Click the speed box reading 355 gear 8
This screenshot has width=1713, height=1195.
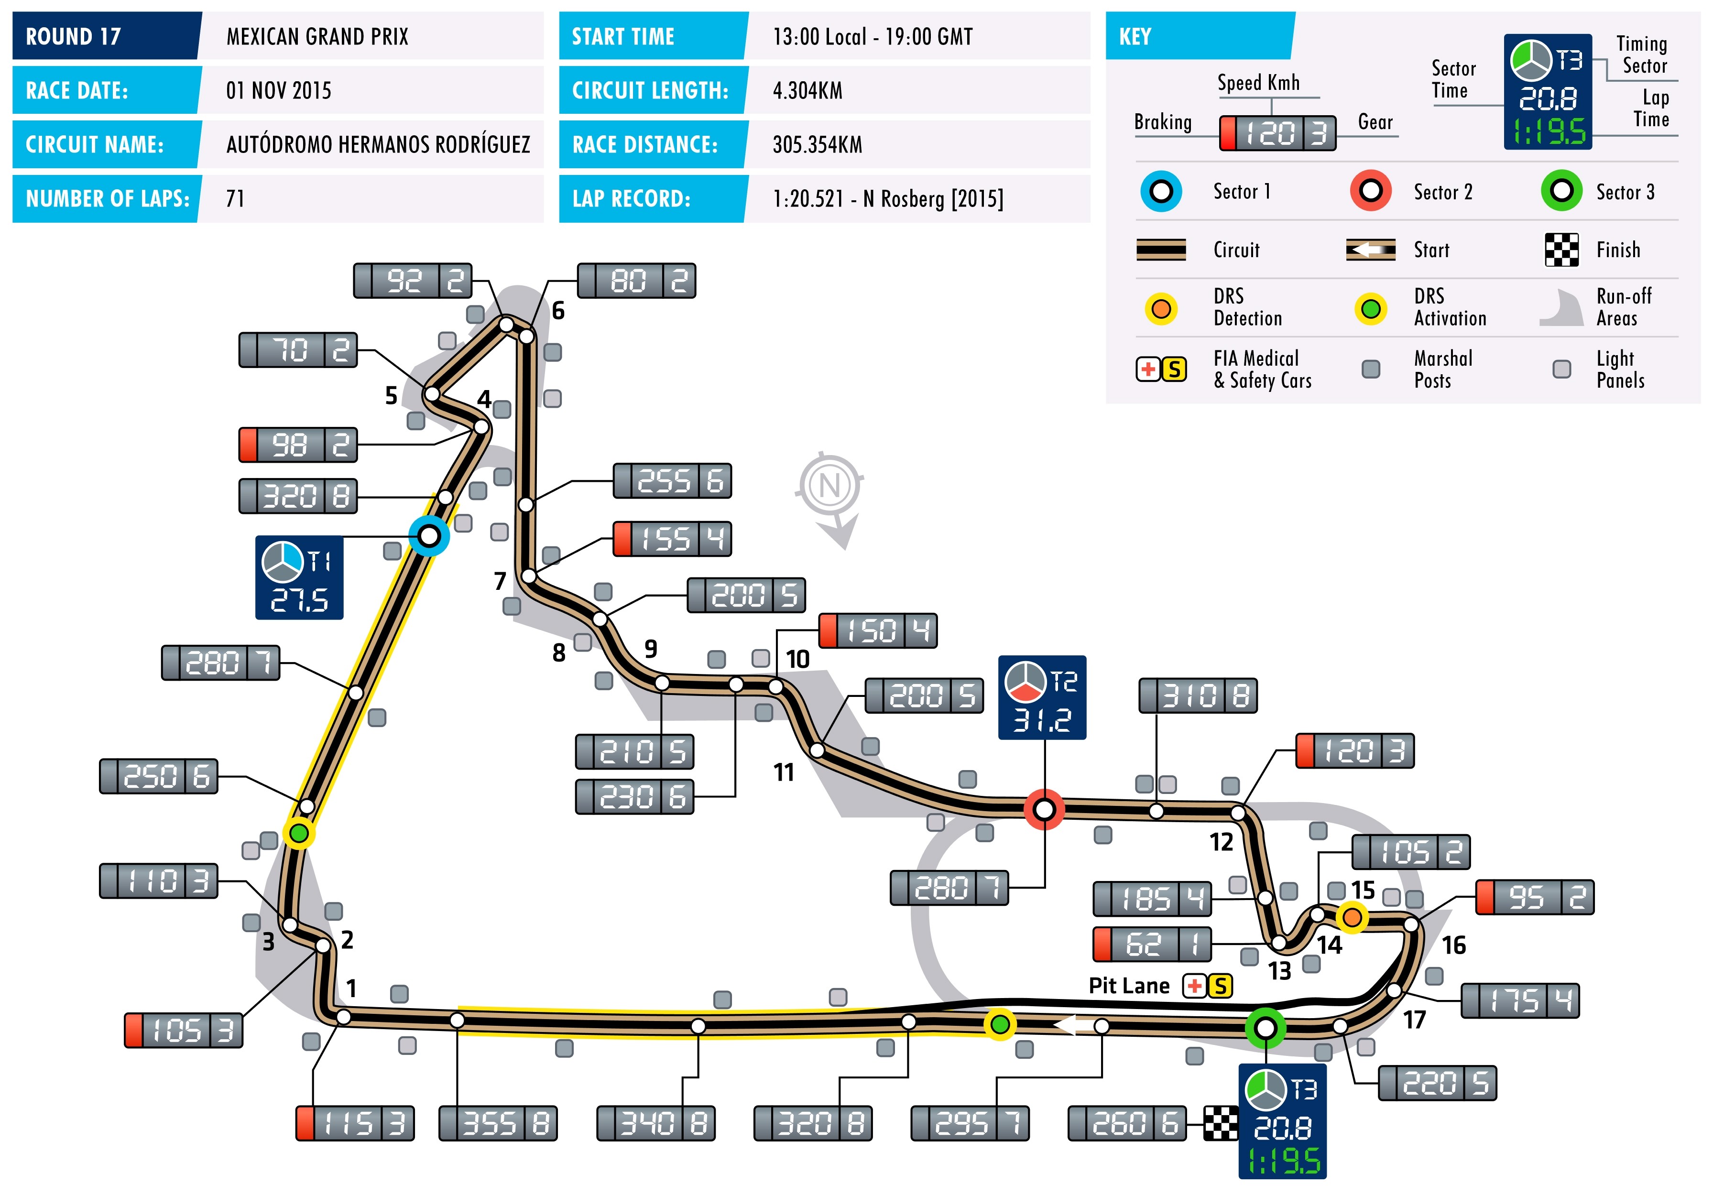point(498,1123)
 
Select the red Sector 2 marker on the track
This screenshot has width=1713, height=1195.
point(1044,809)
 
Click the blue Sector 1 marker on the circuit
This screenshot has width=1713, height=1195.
point(429,535)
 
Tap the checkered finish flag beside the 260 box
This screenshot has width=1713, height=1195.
point(1221,1123)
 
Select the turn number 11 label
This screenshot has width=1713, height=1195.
point(784,772)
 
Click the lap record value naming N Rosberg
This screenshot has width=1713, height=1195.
point(888,198)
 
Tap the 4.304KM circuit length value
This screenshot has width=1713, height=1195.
point(807,90)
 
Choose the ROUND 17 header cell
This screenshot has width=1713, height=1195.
point(106,36)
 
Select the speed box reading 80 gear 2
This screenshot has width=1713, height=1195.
point(636,281)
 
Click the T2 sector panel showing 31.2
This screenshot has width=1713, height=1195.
point(1042,697)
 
